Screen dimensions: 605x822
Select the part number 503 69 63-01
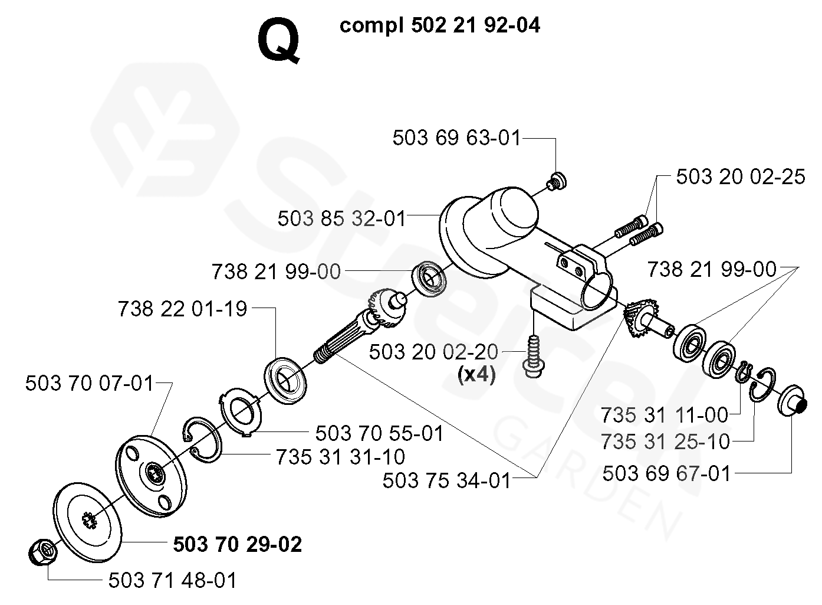tap(457, 139)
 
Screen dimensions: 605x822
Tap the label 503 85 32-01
tap(342, 219)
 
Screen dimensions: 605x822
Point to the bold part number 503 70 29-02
tap(238, 544)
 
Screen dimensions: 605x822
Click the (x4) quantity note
tap(476, 375)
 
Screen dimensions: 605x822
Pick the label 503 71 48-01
tap(173, 580)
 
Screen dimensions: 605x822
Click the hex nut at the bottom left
tap(42, 552)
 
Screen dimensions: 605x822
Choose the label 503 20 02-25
tap(740, 177)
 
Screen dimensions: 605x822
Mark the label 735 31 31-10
tap(340, 457)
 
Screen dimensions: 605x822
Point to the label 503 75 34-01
tap(447, 480)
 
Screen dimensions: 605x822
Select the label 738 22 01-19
tap(183, 309)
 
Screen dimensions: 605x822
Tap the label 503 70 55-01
tap(380, 434)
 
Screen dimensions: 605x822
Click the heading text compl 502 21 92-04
tap(440, 26)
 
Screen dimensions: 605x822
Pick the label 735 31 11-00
tap(665, 415)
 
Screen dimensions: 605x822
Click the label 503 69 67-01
tap(666, 473)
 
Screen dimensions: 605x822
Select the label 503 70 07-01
tap(90, 384)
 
